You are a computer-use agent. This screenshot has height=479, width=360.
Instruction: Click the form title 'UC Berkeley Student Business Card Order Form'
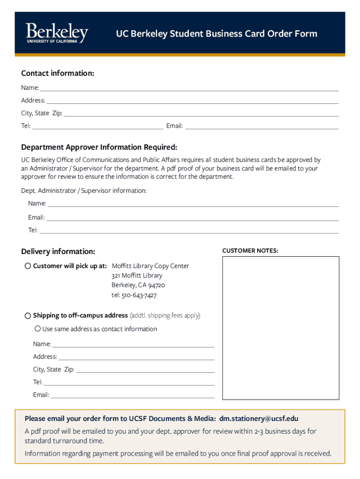click(216, 34)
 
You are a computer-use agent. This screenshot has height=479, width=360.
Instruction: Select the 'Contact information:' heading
click(58, 73)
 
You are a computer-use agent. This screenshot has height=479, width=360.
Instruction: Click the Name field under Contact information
click(189, 87)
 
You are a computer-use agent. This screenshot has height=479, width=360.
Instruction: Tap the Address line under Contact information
click(192, 100)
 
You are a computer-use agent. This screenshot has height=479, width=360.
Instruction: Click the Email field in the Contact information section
click(262, 126)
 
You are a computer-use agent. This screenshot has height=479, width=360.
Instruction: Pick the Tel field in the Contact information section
click(98, 126)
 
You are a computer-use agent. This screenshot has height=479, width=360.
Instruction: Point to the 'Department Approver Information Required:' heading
click(99, 147)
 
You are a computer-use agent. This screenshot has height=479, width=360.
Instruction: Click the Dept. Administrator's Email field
click(192, 218)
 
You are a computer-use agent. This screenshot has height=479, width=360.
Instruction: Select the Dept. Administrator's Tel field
click(189, 230)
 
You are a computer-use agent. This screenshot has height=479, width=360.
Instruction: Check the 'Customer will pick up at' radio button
click(28, 266)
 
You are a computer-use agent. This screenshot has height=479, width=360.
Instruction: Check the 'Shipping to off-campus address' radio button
click(28, 316)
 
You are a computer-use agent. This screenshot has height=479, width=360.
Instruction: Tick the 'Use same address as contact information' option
click(38, 329)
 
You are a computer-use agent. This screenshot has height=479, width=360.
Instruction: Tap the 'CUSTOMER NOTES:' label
click(250, 251)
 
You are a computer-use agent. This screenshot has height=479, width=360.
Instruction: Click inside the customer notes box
click(281, 327)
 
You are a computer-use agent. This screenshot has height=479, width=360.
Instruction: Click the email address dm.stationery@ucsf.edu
click(259, 419)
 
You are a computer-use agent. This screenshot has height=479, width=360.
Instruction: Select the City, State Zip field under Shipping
click(145, 370)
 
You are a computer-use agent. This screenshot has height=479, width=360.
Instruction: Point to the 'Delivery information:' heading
click(58, 252)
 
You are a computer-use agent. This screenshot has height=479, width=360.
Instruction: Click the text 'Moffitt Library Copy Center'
click(151, 266)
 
